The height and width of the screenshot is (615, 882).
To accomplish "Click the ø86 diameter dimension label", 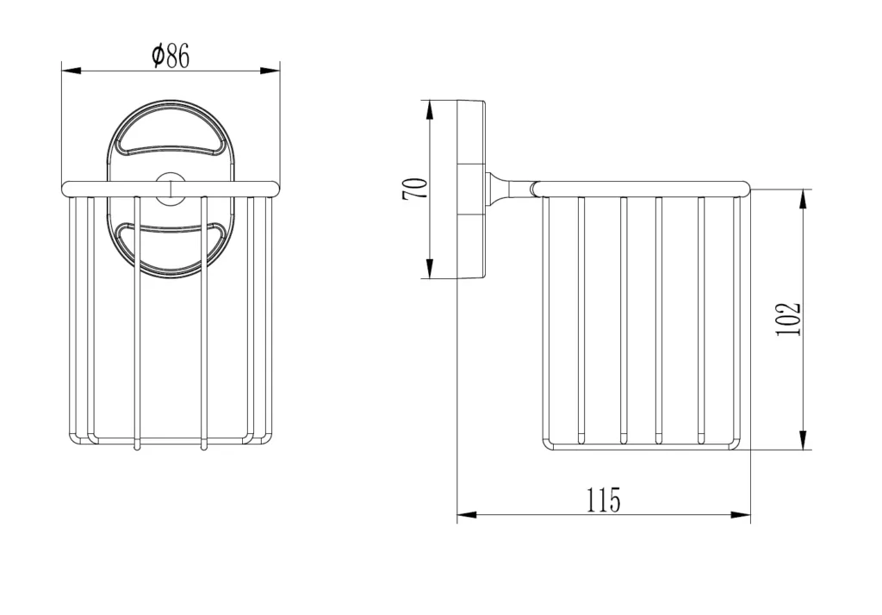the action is [171, 55].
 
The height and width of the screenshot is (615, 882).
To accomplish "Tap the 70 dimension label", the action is [414, 189].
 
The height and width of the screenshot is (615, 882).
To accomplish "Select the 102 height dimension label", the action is [788, 319].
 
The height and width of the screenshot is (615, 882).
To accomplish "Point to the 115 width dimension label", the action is [604, 500].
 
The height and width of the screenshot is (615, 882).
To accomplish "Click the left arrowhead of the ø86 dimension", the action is [71, 71].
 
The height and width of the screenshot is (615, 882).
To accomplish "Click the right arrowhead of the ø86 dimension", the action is [270, 71].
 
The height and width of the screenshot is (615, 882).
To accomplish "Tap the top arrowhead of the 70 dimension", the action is [430, 110].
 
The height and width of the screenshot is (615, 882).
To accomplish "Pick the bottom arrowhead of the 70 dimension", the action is [430, 269].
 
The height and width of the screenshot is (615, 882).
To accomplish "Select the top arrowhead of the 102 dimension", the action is [804, 199].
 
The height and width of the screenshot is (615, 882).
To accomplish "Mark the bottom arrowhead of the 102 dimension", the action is [804, 439].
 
